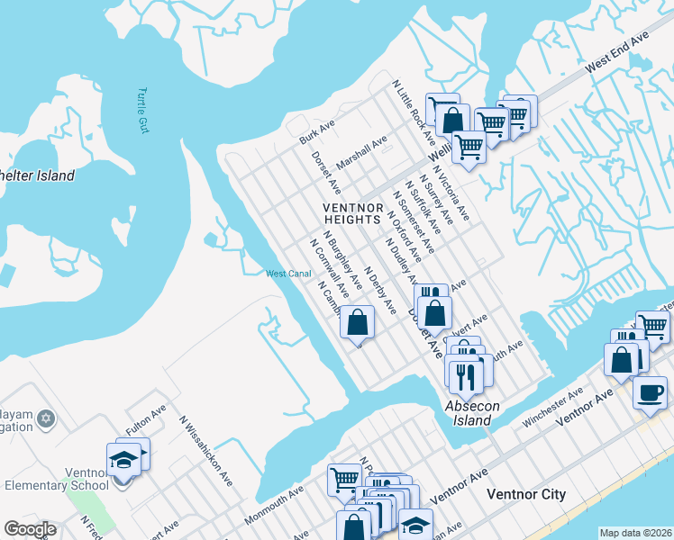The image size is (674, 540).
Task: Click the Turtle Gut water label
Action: click(142, 111)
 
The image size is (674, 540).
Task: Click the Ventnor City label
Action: click(525, 494)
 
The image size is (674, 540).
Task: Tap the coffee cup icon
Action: click(649, 392)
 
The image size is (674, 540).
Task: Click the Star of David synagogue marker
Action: click(48, 419)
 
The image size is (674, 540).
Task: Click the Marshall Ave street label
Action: click(361, 152)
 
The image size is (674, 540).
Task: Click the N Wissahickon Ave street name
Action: click(205, 450)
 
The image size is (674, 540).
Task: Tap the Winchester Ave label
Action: click(552, 407)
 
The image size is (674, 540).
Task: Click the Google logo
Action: click(30, 529)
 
